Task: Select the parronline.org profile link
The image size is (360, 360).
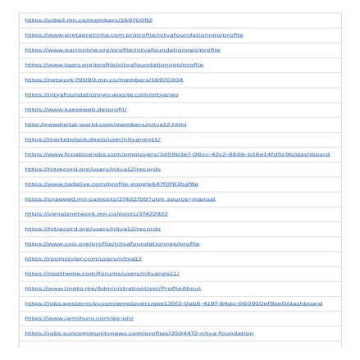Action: pyautogui.click(x=122, y=49)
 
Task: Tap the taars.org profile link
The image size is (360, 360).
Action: pyautogui.click(x=114, y=64)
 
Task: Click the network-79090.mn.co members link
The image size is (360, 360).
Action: pyautogui.click(x=104, y=80)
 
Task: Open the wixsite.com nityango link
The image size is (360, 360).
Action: pyautogui.click(x=102, y=94)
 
